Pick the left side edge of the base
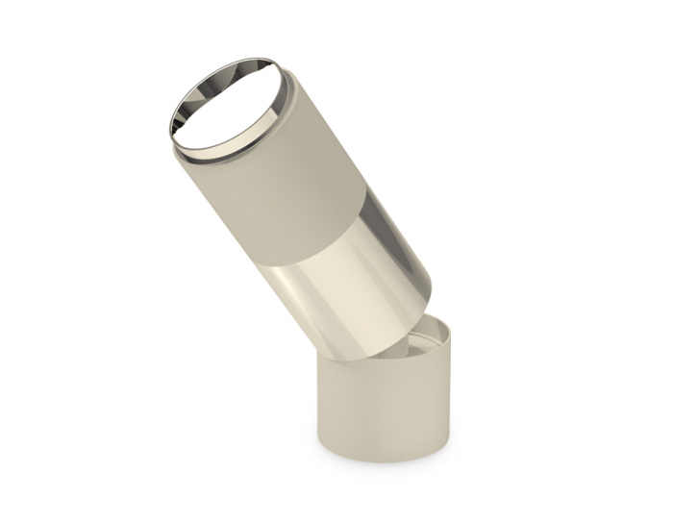point(320,404)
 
